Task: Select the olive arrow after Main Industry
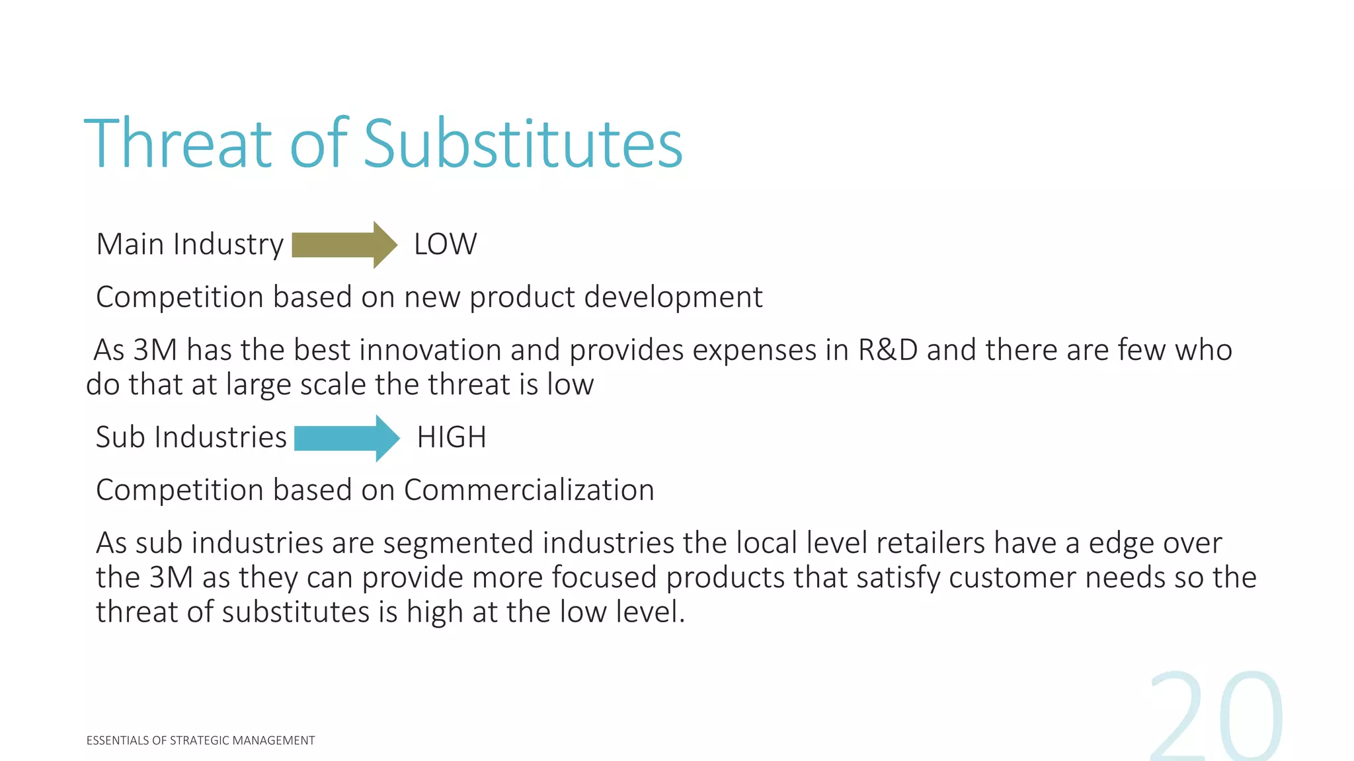click(344, 245)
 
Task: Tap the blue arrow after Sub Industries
click(346, 438)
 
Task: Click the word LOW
click(445, 244)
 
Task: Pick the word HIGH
click(452, 437)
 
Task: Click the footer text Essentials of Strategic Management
click(200, 741)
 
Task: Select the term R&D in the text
click(887, 350)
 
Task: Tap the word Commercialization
click(529, 490)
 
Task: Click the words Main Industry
click(190, 244)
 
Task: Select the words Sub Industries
click(191, 437)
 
